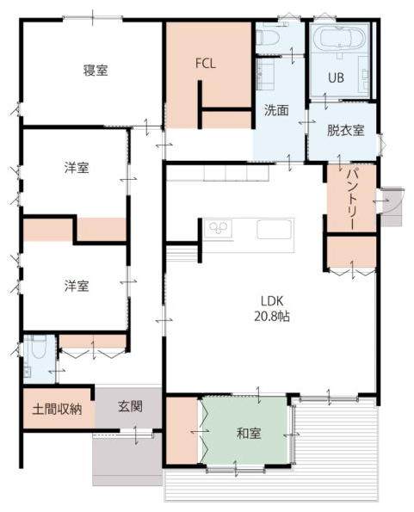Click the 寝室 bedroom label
(x=96, y=71)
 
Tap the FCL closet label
(x=206, y=64)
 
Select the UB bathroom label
(x=336, y=77)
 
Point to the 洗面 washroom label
(x=276, y=110)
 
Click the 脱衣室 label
(x=345, y=130)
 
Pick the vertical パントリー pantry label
(x=352, y=199)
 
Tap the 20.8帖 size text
(x=272, y=316)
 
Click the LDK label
(x=272, y=300)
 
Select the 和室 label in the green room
(x=249, y=434)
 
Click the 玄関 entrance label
(x=130, y=407)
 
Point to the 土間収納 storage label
(x=57, y=409)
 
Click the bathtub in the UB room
(x=339, y=39)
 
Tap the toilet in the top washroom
(x=268, y=37)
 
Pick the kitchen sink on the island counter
(x=274, y=229)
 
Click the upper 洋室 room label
(x=77, y=168)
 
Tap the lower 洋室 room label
(x=77, y=286)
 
